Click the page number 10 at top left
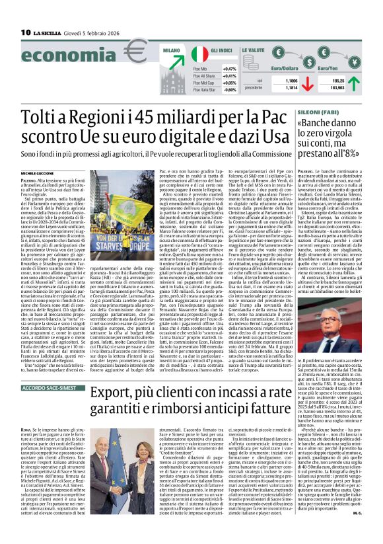(x=26, y=32)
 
